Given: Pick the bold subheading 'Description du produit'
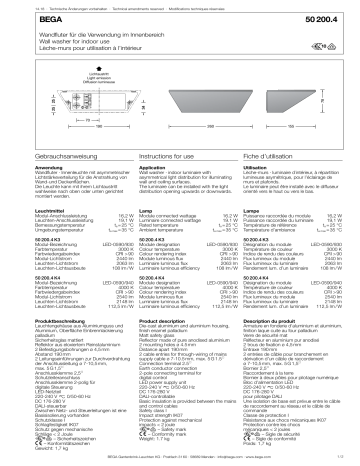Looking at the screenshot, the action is [x=270, y=339].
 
